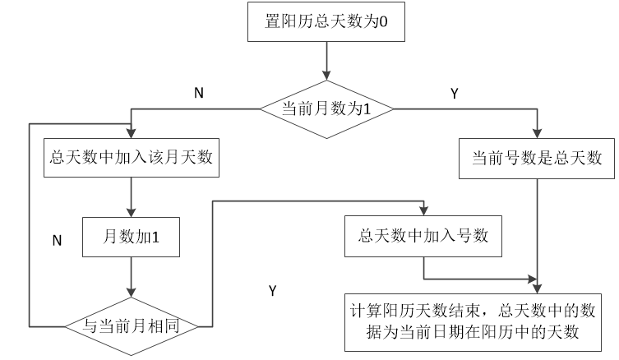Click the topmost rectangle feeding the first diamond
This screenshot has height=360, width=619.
[326, 21]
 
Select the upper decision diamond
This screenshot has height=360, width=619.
[326, 109]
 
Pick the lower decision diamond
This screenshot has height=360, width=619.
[131, 326]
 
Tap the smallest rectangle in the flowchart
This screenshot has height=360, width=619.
[131, 237]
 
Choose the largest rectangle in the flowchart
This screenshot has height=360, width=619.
[473, 322]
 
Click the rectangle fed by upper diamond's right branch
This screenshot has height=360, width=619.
[537, 159]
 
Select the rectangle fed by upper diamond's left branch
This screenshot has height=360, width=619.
[131, 158]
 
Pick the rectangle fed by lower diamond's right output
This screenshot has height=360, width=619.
[423, 237]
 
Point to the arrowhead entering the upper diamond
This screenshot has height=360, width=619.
[326, 76]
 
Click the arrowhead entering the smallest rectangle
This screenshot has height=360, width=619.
[131, 212]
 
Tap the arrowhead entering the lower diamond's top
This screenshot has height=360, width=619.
[131, 292]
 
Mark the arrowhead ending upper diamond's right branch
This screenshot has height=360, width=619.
[537, 133]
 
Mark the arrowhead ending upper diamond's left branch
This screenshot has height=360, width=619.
[131, 133]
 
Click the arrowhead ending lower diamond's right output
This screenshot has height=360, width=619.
[423, 210]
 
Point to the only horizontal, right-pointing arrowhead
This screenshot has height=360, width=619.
[531, 279]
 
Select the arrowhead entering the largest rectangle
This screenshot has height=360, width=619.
[537, 288]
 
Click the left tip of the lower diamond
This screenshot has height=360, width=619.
[64, 326]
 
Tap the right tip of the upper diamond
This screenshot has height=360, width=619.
[394, 109]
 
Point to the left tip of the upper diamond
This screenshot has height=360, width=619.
[260, 109]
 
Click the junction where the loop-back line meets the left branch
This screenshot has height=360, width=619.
[131, 123]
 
